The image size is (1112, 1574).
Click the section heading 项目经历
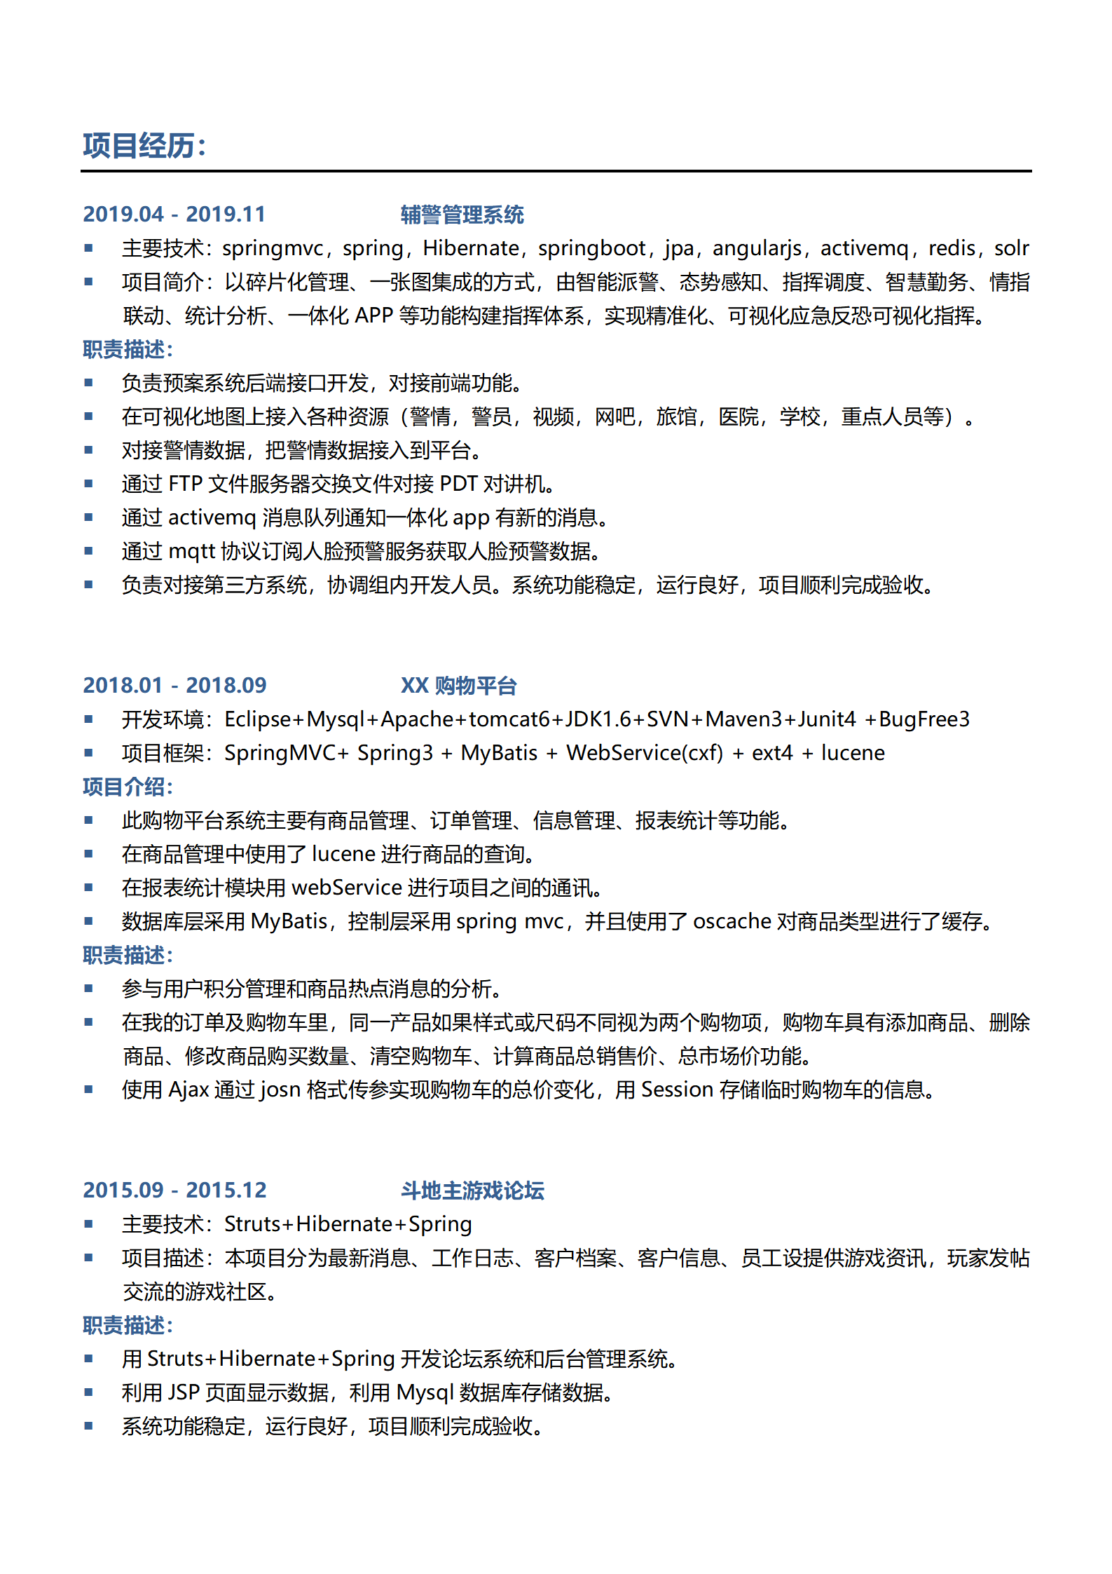pyautogui.click(x=144, y=146)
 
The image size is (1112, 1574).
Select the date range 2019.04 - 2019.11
pyautogui.click(x=174, y=214)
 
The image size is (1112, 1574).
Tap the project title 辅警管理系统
pyautogui.click(x=462, y=215)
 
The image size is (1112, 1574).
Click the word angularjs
pyautogui.click(x=757, y=248)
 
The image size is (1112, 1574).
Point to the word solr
pyautogui.click(x=1011, y=248)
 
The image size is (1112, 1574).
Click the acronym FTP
pyautogui.click(x=186, y=484)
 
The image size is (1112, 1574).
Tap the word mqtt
pyautogui.click(x=191, y=551)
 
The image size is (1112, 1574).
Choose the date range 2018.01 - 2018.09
pyautogui.click(x=174, y=685)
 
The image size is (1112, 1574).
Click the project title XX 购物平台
pyautogui.click(x=458, y=686)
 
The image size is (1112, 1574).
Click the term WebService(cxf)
pyautogui.click(x=645, y=753)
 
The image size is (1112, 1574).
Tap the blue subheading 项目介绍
pyautogui.click(x=128, y=787)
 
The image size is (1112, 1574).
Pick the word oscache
pyautogui.click(x=732, y=921)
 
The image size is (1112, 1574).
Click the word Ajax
pyautogui.click(x=189, y=1090)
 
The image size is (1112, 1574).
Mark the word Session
pyautogui.click(x=677, y=1090)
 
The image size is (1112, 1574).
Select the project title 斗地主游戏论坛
pyautogui.click(x=472, y=1190)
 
